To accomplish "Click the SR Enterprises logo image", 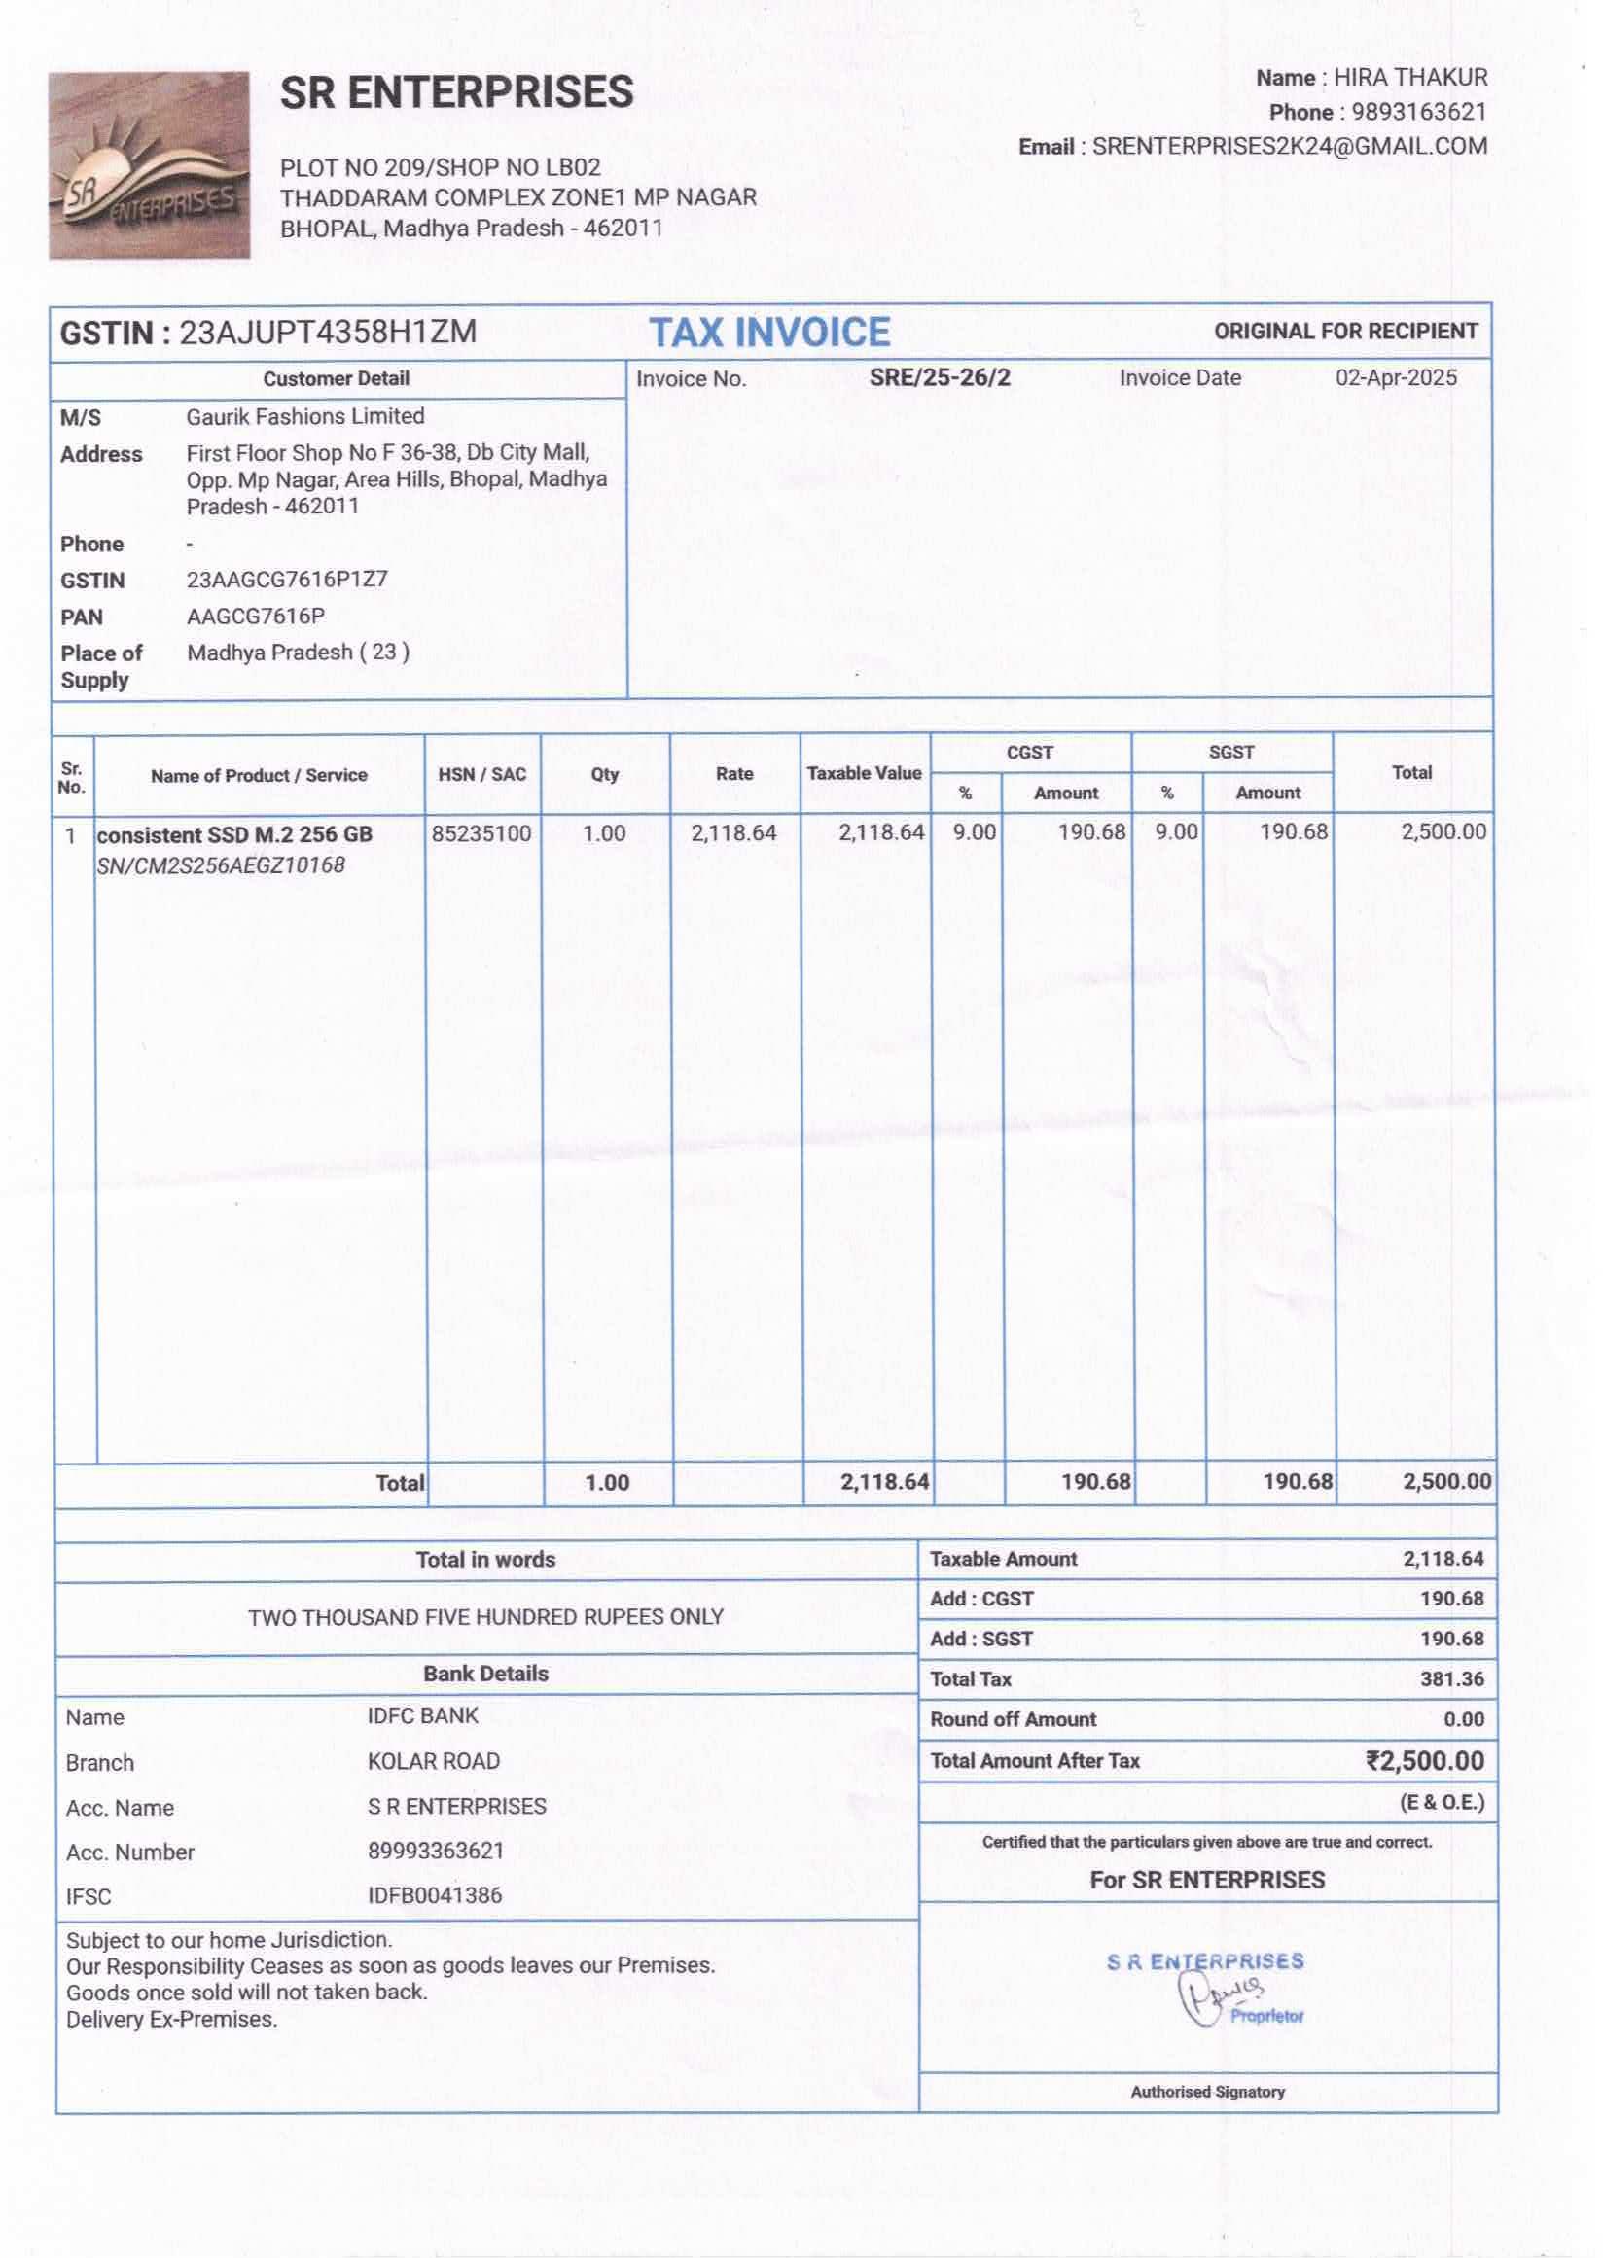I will pos(149,164).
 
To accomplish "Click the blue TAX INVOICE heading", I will pos(769,333).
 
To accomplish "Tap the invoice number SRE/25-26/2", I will pos(939,378).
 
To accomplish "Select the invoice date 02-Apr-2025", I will pos(1395,378).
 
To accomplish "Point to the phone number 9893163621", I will pos(1417,112).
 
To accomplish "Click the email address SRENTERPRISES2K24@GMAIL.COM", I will pos(1288,146).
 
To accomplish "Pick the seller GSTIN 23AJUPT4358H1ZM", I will pos(328,333).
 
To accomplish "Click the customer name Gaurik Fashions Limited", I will pos(305,416).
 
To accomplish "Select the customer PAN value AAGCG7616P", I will pos(256,617).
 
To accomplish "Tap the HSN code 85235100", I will pos(481,834).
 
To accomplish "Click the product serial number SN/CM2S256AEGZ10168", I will pos(221,865).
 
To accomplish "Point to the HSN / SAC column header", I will pos(481,775).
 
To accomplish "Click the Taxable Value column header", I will pos(864,774).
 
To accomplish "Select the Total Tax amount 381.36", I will pos(1451,1678).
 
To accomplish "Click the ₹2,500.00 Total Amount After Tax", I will pos(1424,1761).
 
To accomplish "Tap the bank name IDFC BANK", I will pos(422,1715).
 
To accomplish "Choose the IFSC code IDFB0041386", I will pos(435,1895).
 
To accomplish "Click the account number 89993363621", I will pos(436,1851).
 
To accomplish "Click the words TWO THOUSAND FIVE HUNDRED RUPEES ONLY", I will pos(485,1616).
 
